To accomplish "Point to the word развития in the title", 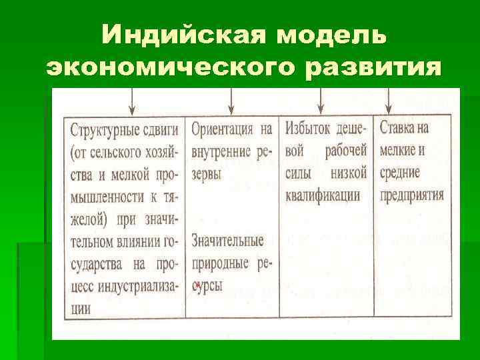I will (x=380, y=67).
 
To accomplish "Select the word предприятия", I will (x=411, y=196).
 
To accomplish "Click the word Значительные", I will (x=227, y=241).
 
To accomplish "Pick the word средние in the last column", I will (x=399, y=173).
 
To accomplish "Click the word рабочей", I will (x=346, y=151).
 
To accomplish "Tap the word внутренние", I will (x=222, y=151).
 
